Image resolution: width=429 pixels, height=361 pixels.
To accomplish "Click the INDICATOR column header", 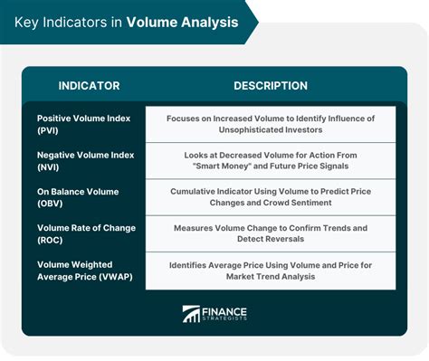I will point(88,86).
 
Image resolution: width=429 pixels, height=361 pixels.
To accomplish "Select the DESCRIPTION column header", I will point(270,86).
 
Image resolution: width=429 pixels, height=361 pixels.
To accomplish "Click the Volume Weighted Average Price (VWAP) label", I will point(83,270).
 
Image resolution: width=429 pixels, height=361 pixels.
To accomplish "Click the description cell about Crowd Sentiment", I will point(270,198).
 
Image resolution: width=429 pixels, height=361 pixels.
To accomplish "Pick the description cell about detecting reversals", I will point(270,233).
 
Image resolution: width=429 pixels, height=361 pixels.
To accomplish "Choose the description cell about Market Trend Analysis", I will point(270,270).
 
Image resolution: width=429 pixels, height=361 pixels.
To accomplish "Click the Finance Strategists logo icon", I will point(192,314).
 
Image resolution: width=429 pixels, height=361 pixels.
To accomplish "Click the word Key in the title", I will point(28,22).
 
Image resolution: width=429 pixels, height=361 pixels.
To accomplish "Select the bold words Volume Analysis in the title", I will point(183,22).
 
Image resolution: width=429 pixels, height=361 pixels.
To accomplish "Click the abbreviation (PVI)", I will point(50,132).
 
